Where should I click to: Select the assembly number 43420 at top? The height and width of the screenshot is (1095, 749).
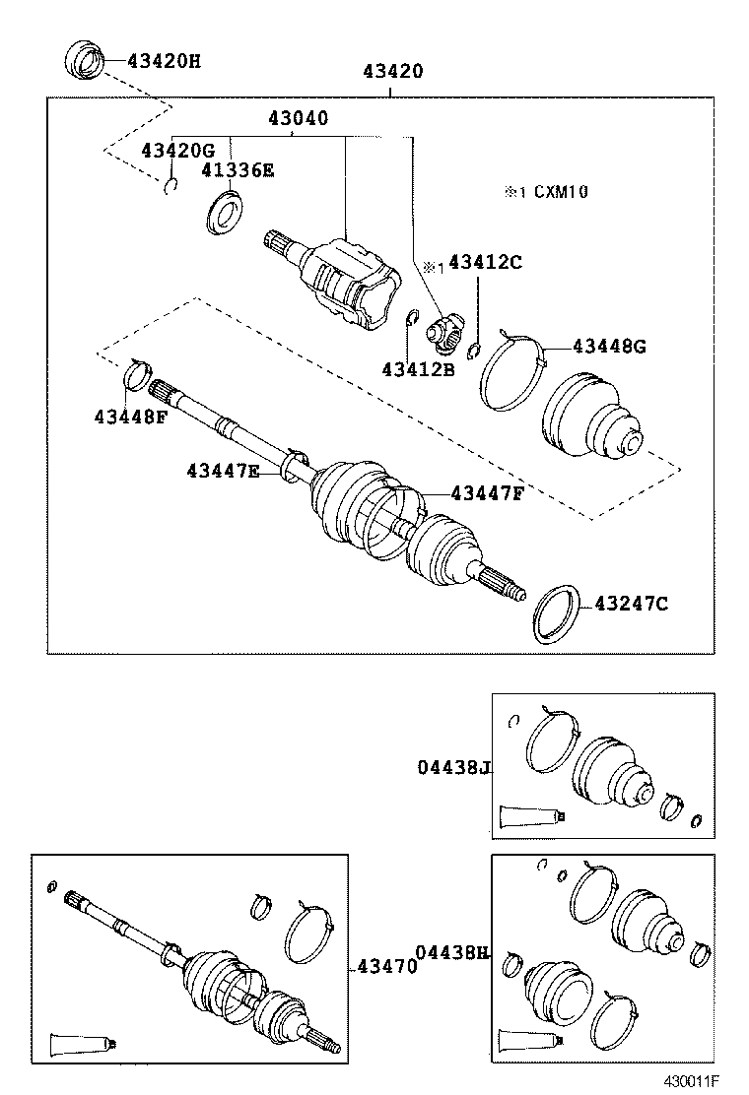coord(392,71)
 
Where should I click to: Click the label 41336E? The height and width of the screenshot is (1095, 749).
coord(238,170)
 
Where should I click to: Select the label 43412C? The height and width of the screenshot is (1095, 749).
coord(484,262)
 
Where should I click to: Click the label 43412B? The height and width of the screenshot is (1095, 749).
coord(418,369)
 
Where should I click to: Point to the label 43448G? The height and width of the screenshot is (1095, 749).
coord(610,346)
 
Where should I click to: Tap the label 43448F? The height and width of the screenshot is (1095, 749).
coord(131,416)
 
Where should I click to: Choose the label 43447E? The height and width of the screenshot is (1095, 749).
coord(223,472)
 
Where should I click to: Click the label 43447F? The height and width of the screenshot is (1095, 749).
coord(487,493)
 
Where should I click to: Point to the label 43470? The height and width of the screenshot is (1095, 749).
coord(385,967)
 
